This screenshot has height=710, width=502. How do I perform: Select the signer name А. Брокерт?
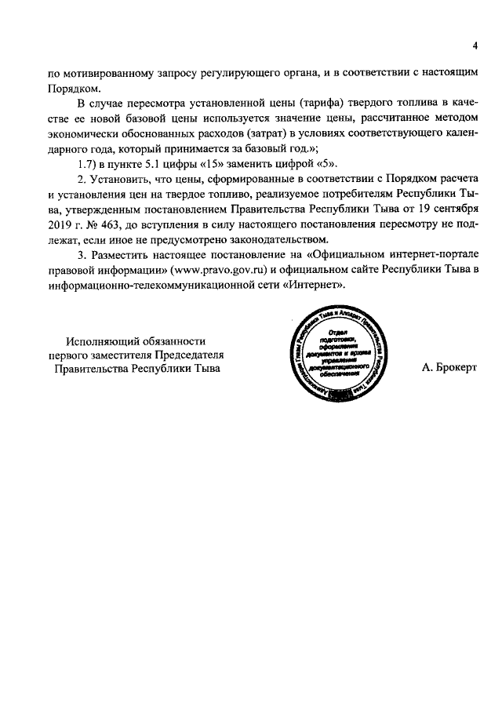point(449,367)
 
